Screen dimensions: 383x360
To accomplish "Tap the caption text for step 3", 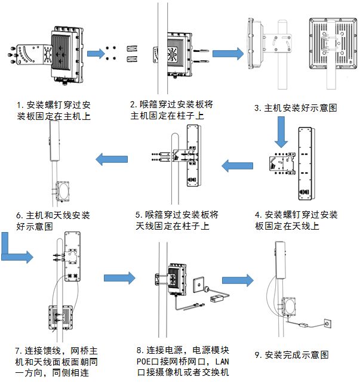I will pyautogui.click(x=296, y=108).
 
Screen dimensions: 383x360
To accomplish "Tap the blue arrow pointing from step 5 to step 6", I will pyautogui.click(x=113, y=159).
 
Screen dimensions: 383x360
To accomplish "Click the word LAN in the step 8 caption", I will pyautogui.click(x=221, y=362).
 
